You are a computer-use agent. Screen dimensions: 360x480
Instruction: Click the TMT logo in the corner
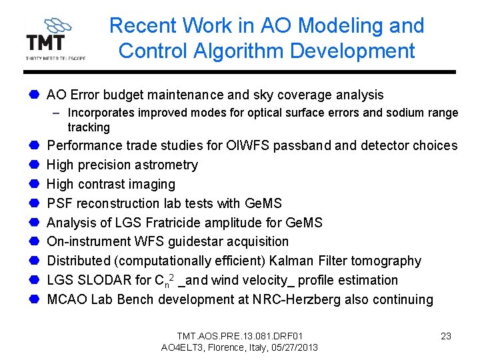point(55,39)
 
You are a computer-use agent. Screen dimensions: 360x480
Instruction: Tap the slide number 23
point(446,336)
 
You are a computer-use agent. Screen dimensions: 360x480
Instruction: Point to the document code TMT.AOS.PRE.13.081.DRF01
point(239,335)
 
